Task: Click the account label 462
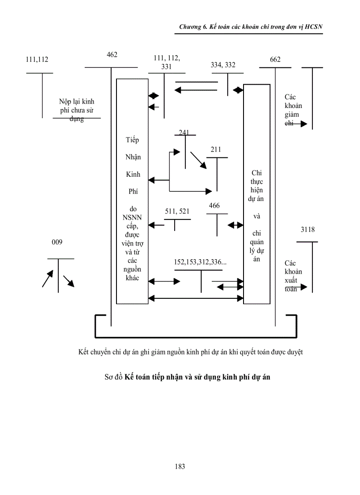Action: (x=112, y=55)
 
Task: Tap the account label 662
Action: (x=275, y=60)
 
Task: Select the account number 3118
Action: (x=307, y=230)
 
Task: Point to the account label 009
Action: (x=57, y=242)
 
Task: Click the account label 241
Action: (x=184, y=132)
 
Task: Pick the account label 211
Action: (x=216, y=150)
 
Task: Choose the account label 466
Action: (x=214, y=206)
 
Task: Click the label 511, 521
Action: (x=177, y=211)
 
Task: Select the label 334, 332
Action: (x=223, y=65)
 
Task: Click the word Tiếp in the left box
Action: (x=132, y=140)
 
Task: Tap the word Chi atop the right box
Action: (x=256, y=173)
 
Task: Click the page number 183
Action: (x=180, y=466)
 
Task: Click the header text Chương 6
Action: (x=194, y=27)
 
